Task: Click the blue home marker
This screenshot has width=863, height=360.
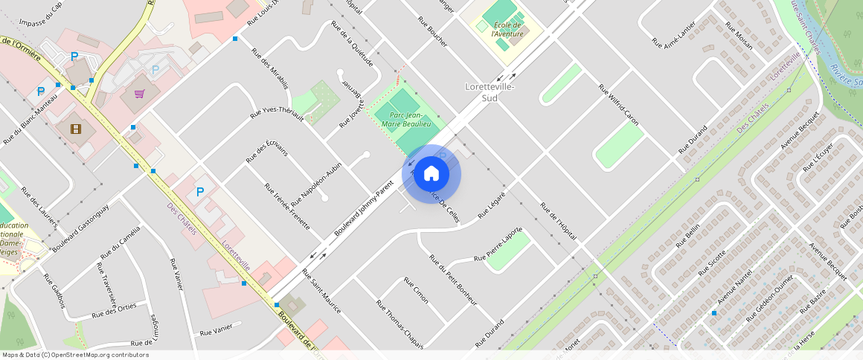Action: click(x=431, y=174)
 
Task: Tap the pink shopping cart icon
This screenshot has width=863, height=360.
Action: click(x=139, y=94)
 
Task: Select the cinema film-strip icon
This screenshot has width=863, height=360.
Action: click(x=76, y=129)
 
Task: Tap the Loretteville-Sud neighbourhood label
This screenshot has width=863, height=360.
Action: click(x=490, y=92)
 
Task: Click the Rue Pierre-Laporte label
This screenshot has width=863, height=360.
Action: click(x=499, y=245)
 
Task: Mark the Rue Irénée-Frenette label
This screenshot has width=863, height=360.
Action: click(x=286, y=206)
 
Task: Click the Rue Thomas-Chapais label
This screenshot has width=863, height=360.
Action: click(x=400, y=324)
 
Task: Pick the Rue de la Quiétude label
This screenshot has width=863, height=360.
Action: click(x=352, y=43)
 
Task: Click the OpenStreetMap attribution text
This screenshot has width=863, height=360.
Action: click(x=76, y=355)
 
